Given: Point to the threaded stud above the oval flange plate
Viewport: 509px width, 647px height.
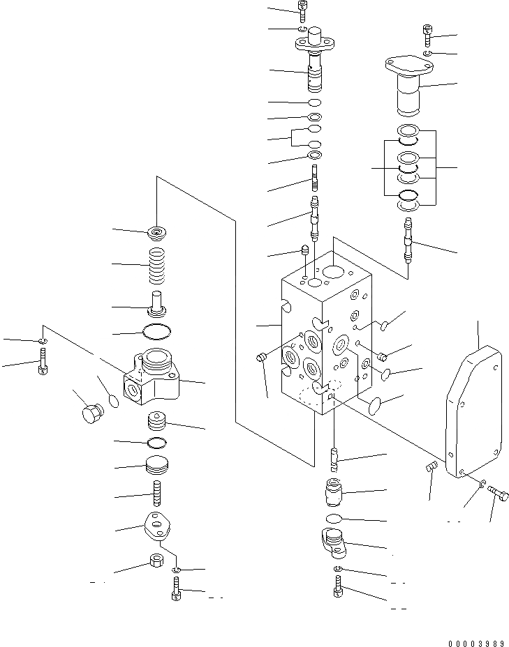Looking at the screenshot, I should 158,492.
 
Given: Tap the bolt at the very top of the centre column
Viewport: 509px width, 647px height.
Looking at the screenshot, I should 302,10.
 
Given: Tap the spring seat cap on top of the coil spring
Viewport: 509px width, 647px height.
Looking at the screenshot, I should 159,232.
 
